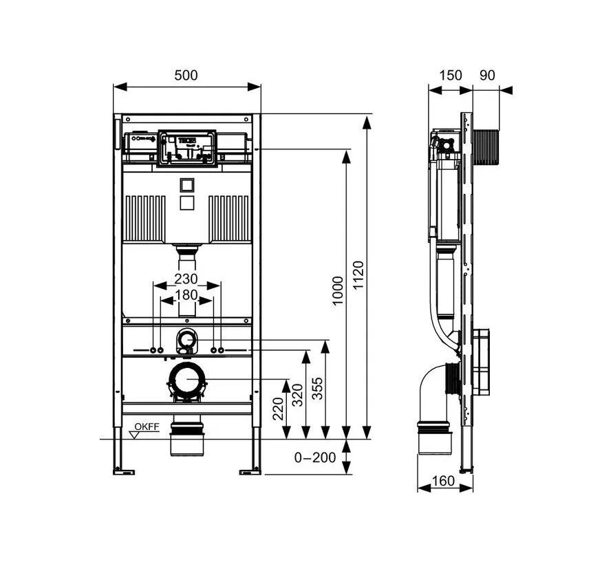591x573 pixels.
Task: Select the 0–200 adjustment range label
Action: (x=315, y=457)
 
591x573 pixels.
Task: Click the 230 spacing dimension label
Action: (x=186, y=279)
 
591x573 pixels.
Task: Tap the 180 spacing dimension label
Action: (x=186, y=295)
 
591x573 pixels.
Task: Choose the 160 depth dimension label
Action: (x=444, y=480)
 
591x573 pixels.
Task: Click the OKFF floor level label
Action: (x=147, y=427)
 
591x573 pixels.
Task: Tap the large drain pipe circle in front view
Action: (x=186, y=379)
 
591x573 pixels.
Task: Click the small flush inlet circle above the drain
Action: (x=186, y=338)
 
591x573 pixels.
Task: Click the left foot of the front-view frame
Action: (x=125, y=471)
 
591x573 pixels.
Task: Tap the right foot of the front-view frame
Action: (x=250, y=471)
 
